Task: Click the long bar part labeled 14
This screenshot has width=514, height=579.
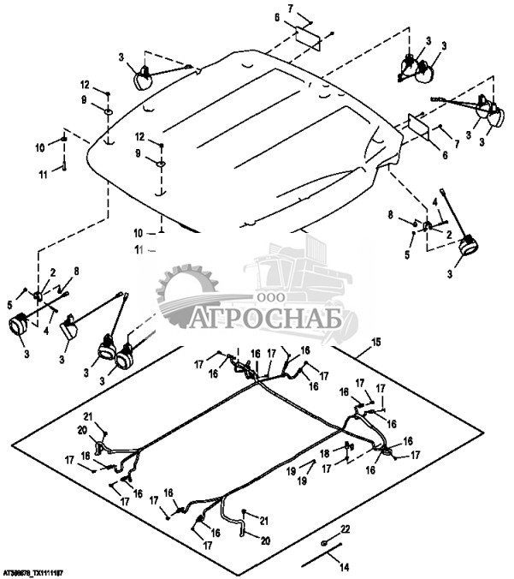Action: (x=323, y=555)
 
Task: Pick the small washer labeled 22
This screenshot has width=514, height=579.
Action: (x=325, y=543)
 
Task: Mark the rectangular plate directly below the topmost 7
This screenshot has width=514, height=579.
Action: (x=308, y=40)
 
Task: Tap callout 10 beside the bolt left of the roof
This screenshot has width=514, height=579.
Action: (x=38, y=148)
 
